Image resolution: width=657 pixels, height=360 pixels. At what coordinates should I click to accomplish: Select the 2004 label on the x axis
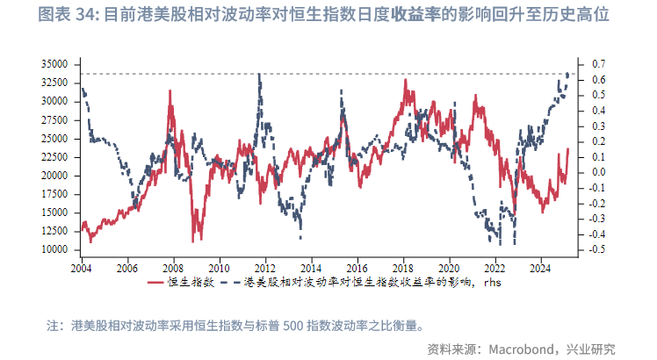[82, 266]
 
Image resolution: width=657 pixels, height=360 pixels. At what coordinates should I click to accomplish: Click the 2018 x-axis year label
[403, 266]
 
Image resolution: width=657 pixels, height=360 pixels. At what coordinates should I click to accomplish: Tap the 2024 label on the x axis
[541, 266]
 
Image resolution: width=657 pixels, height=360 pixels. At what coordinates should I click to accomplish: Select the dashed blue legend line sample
[230, 282]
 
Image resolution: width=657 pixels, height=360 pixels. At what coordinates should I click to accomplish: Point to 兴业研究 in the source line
[592, 347]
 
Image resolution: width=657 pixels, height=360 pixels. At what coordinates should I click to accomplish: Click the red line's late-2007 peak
[170, 91]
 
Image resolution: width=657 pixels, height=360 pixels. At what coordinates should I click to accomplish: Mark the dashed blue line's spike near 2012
[259, 75]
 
